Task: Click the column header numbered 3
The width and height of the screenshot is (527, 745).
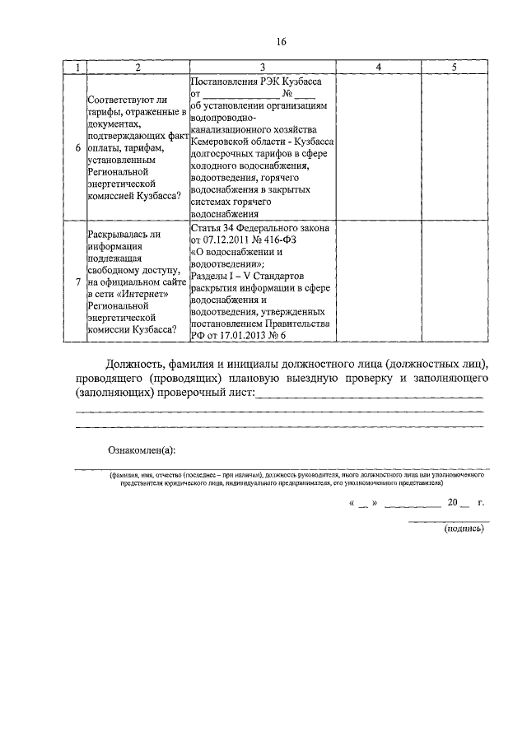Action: coord(262,67)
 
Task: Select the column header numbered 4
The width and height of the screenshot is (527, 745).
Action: coord(377,67)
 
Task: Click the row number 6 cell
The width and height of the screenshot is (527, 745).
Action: coord(77,147)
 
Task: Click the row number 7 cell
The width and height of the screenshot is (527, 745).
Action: coord(77,282)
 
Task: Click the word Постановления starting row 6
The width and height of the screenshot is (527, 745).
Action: coord(225,81)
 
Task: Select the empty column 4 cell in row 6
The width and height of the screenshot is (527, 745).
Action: coord(377,147)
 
